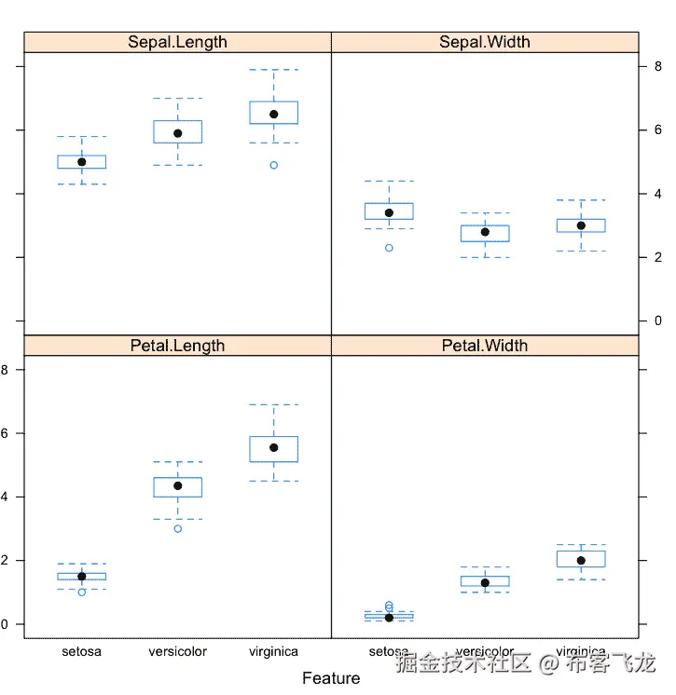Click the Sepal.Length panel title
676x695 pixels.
pyautogui.click(x=177, y=42)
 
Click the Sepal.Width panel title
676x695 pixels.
pyautogui.click(x=485, y=42)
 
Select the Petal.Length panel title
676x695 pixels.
pyautogui.click(x=177, y=346)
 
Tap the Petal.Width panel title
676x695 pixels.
pyautogui.click(x=485, y=346)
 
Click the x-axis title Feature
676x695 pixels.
pyautogui.click(x=331, y=678)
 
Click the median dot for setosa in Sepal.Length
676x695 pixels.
pyautogui.click(x=82, y=162)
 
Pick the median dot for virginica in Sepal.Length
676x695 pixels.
pyautogui.click(x=274, y=114)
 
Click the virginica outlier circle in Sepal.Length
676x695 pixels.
pyautogui.click(x=274, y=165)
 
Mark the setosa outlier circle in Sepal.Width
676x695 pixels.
pyautogui.click(x=389, y=248)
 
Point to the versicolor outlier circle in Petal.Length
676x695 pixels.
pyautogui.click(x=178, y=528)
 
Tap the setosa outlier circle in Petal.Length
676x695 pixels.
pyautogui.click(x=82, y=592)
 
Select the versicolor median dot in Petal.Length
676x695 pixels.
pyautogui.click(x=178, y=485)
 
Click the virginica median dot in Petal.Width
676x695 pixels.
pyautogui.click(x=581, y=561)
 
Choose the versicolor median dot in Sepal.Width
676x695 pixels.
pyautogui.click(x=485, y=232)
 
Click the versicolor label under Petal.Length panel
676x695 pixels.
pyautogui.click(x=178, y=652)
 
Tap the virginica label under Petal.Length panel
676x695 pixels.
pyautogui.click(x=274, y=652)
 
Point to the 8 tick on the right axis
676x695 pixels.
pyautogui.click(x=656, y=66)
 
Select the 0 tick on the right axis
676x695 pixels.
pyautogui.click(x=656, y=320)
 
